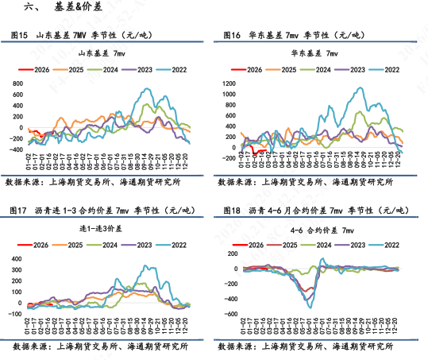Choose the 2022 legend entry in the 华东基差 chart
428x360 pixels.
pyautogui.click(x=387, y=70)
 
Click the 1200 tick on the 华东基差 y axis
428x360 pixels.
pyautogui.click(x=231, y=83)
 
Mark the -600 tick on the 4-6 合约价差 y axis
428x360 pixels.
pyautogui.click(x=231, y=315)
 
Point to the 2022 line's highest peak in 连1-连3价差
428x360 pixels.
pyautogui.click(x=145, y=267)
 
